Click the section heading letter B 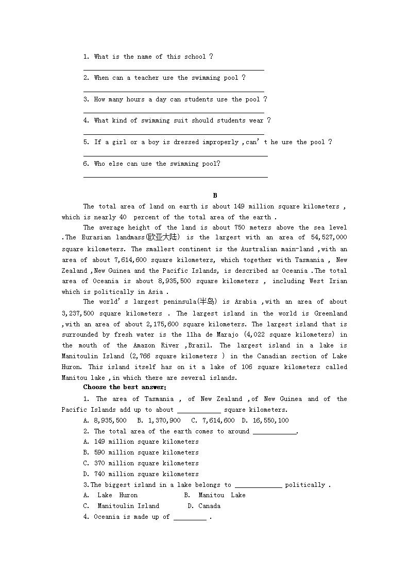coord(215,196)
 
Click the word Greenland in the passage coord(331,313)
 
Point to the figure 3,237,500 coord(77,313)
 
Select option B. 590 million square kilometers coord(141,453)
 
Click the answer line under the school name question coord(174,69)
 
